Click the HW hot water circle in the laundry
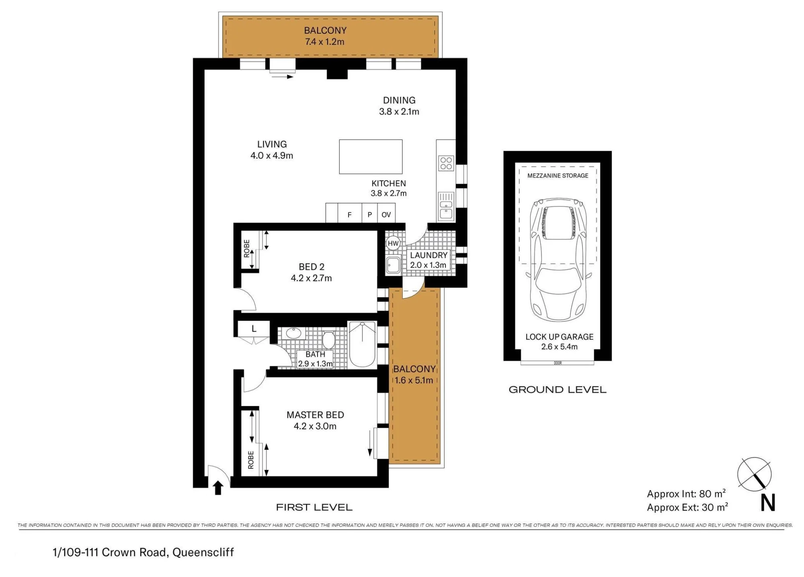[393, 243]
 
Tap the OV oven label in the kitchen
[386, 215]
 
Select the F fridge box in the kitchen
[350, 213]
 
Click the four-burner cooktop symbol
[446, 163]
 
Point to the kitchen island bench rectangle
[371, 157]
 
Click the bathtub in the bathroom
[362, 344]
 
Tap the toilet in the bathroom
[329, 340]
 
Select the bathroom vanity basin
[293, 333]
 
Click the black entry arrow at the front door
[218, 488]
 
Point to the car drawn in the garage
[559, 260]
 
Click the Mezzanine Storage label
[558, 175]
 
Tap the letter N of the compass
[768, 503]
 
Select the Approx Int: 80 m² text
[686, 493]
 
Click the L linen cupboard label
[254, 329]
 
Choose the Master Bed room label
[315, 415]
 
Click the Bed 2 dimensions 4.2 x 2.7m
[312, 278]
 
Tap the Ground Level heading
[558, 389]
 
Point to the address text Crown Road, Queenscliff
[168, 552]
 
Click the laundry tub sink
[393, 265]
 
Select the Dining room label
[399, 100]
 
